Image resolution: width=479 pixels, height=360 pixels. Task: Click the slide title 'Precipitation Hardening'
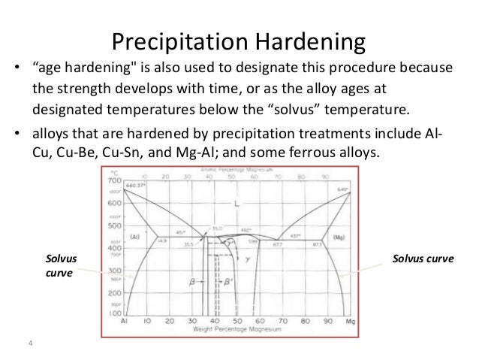tap(239, 40)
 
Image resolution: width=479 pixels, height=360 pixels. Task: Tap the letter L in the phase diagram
tap(236, 205)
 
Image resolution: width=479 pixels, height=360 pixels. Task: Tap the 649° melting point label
tap(343, 189)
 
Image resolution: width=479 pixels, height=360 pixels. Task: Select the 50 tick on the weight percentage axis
tap(236, 321)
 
